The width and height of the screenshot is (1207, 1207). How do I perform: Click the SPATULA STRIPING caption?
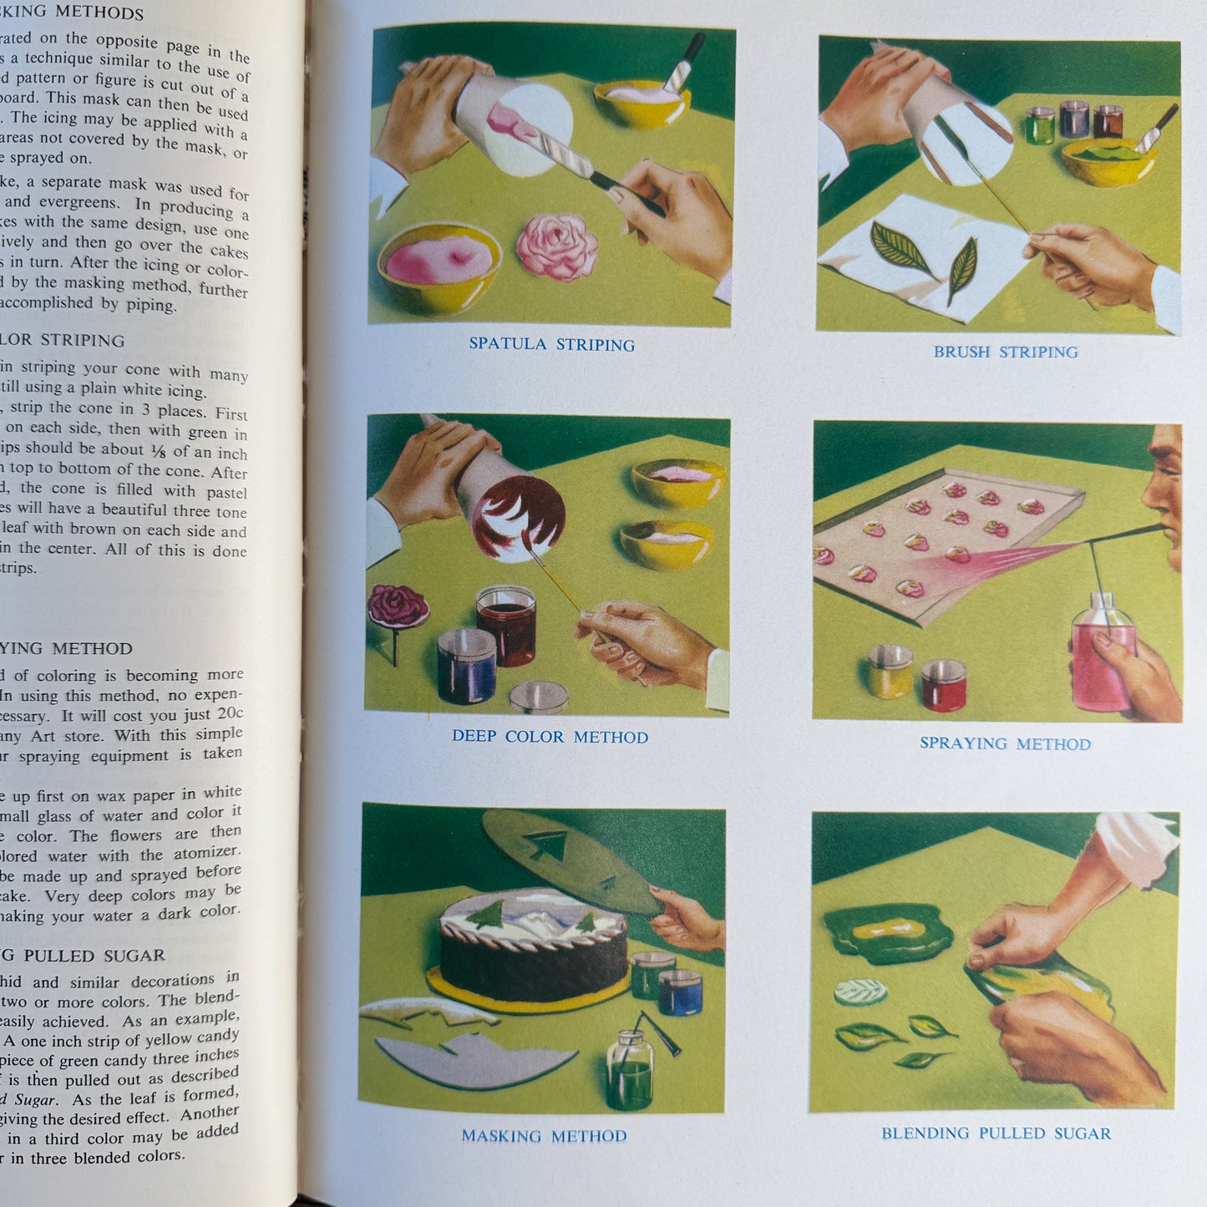click(551, 344)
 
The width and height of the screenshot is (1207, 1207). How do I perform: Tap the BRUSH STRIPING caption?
click(1005, 352)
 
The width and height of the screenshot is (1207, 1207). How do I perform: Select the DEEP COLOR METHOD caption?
click(550, 737)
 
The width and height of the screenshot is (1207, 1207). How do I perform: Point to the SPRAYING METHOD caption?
click(1005, 743)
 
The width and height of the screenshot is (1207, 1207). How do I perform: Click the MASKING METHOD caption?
click(544, 1136)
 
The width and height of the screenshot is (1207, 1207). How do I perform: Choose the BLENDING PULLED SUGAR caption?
click(996, 1133)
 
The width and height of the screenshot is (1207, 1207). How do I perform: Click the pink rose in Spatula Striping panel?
click(556, 246)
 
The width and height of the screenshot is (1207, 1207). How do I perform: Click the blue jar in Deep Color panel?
click(467, 666)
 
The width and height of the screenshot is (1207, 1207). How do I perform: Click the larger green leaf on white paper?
click(900, 248)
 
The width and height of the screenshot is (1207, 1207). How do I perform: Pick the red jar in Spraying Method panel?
click(944, 685)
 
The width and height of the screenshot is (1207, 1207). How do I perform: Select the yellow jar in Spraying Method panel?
click(890, 672)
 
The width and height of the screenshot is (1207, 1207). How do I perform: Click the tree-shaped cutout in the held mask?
click(547, 847)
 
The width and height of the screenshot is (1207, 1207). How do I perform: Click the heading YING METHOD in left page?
click(67, 648)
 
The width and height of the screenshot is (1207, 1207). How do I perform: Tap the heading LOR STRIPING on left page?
click(63, 341)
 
